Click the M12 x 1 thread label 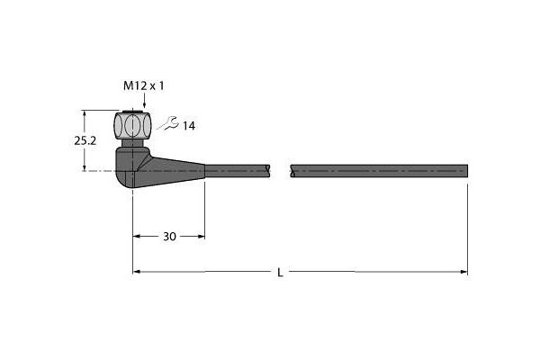click(144, 85)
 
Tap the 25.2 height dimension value click(85, 140)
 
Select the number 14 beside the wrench click(189, 126)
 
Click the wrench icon click(168, 123)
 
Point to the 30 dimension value click(169, 237)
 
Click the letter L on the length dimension click(280, 273)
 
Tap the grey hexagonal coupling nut click(132, 125)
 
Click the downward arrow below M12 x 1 click(144, 101)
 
